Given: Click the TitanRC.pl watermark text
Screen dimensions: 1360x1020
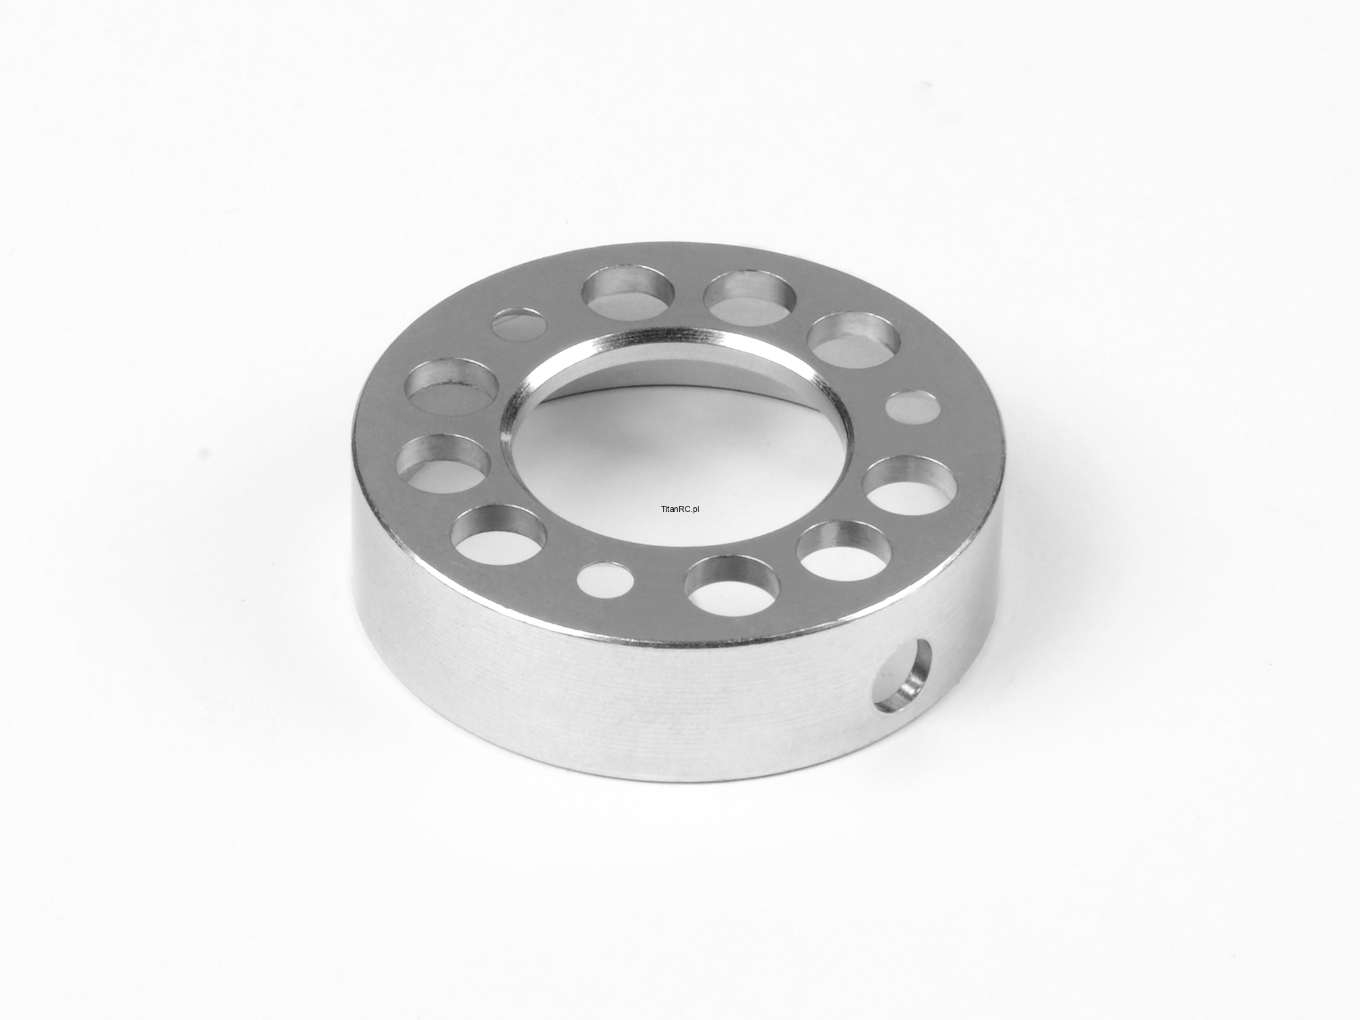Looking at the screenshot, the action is [x=679, y=509].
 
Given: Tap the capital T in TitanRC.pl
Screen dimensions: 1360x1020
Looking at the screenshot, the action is [x=662, y=509].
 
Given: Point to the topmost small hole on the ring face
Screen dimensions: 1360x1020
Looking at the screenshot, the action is [x=519, y=324].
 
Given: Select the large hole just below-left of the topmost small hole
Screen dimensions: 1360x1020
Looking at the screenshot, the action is [x=451, y=387].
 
